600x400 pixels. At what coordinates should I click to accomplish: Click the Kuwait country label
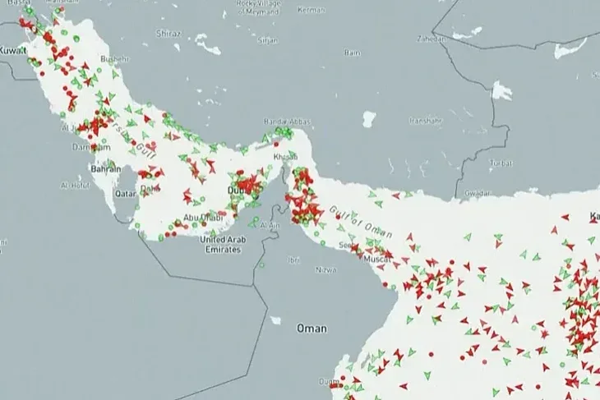pos(12,50)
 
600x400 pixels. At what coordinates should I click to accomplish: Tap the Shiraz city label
pos(168,34)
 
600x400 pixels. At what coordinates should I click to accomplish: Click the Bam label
pos(353,53)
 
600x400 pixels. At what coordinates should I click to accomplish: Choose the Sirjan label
pos(267,39)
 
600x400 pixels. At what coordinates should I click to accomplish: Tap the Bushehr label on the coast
pos(115,59)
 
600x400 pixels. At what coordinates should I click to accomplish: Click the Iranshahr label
pos(425,121)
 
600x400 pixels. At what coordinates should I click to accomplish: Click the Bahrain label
pos(106,168)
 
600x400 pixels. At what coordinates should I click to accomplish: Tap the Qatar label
pos(125,194)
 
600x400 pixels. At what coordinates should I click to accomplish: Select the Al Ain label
pos(270,224)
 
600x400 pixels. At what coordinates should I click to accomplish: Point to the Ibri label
pos(293,260)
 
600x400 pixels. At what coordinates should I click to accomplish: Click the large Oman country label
pos(312,329)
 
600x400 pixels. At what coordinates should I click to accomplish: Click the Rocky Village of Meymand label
pos(257,7)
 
